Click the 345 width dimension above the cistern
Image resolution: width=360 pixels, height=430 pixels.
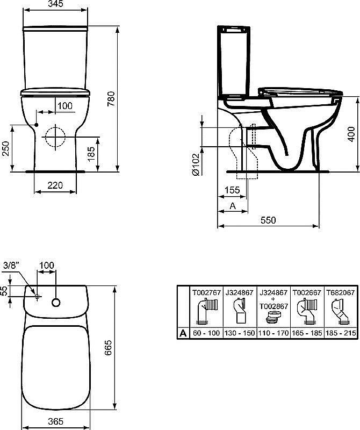pos(55,4)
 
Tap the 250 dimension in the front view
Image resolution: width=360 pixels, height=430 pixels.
pos(5,148)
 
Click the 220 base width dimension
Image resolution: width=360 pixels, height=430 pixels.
pos(55,185)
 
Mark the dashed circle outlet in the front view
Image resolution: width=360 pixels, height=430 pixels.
pos(54,135)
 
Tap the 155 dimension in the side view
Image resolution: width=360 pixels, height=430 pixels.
pos(232,190)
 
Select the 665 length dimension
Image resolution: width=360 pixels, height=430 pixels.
pos(110,349)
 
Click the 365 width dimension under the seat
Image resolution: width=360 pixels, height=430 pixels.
pos(55,421)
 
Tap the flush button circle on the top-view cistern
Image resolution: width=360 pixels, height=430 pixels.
pos(55,303)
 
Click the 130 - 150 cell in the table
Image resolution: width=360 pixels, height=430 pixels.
pos(241,333)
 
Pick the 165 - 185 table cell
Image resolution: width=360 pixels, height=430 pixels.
pos(307,333)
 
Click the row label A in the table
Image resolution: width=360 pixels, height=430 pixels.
pos(183,333)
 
